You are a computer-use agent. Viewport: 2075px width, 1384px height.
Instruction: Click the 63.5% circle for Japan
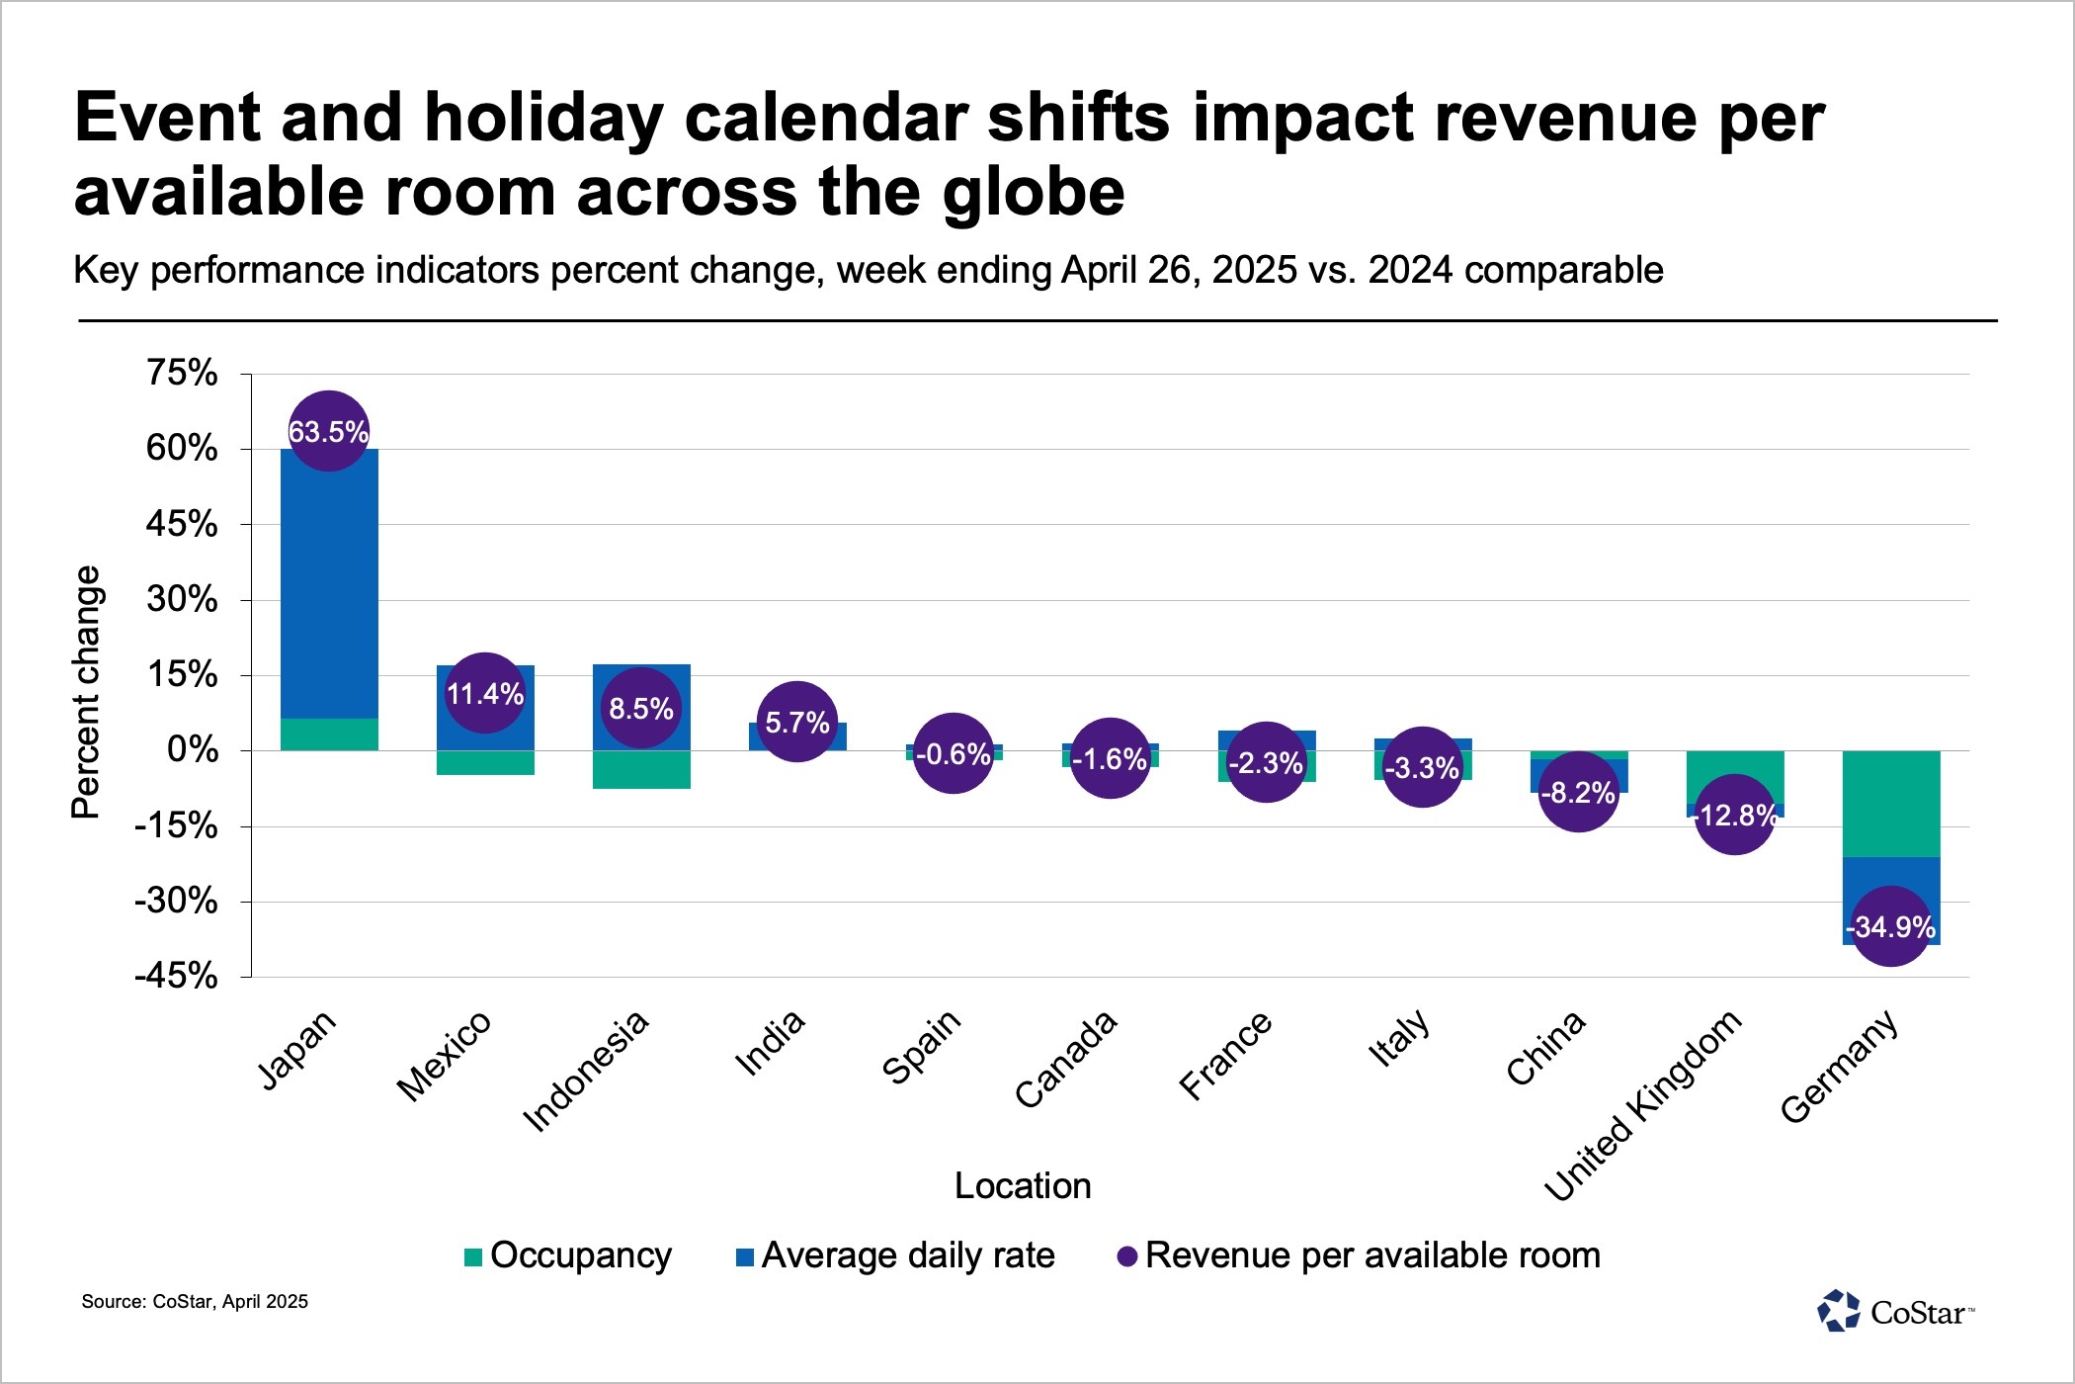click(x=328, y=431)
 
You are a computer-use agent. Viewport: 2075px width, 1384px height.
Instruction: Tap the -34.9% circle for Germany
click(x=1890, y=926)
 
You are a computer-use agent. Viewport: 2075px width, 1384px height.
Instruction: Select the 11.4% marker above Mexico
click(x=484, y=693)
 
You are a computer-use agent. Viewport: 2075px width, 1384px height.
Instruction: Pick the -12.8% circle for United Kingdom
click(x=1735, y=815)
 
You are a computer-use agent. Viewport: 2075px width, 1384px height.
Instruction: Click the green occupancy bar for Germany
click(x=1890, y=803)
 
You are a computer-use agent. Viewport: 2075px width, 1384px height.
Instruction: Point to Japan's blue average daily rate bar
click(x=329, y=583)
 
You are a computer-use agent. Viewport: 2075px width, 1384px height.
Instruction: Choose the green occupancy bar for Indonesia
click(x=641, y=769)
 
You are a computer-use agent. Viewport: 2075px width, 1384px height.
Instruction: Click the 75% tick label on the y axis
click(x=182, y=373)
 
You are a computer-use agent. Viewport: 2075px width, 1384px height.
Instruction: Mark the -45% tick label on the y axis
click(x=176, y=977)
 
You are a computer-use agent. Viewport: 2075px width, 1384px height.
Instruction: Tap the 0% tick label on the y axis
click(x=193, y=749)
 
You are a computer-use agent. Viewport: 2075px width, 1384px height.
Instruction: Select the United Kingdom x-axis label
click(x=1642, y=1105)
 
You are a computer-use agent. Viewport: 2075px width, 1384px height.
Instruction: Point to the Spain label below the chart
click(x=921, y=1047)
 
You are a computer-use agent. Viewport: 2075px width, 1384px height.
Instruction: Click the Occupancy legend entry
click(x=568, y=1255)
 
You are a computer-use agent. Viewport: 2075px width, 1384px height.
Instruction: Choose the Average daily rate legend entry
click(x=895, y=1255)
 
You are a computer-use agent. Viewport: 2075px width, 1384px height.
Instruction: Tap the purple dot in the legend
click(x=1127, y=1256)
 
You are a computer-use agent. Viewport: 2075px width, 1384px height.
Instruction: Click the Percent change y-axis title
click(x=86, y=692)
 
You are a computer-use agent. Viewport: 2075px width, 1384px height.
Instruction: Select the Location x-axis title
click(x=1023, y=1185)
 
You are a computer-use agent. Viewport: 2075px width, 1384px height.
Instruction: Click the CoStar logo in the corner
click(x=1895, y=1312)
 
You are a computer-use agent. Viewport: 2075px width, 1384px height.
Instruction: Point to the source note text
click(x=195, y=1302)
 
